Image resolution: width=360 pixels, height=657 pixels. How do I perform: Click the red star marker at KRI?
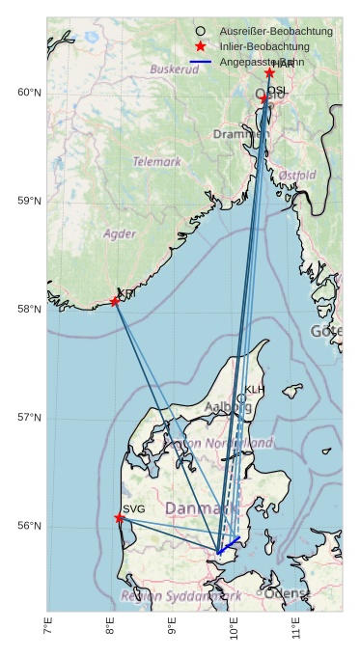click(x=115, y=302)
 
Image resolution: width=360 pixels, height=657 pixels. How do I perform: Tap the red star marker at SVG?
click(x=120, y=518)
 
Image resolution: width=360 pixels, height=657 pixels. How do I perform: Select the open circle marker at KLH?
click(x=241, y=398)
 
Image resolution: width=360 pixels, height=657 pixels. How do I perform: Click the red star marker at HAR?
click(x=269, y=73)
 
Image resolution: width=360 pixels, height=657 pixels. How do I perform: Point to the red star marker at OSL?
click(x=263, y=98)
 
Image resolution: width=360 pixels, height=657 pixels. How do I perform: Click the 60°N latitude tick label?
click(x=29, y=93)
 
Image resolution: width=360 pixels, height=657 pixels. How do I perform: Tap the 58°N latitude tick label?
click(x=29, y=310)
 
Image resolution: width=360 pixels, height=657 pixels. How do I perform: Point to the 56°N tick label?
click(x=29, y=527)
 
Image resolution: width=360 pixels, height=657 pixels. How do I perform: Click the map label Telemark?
click(x=156, y=162)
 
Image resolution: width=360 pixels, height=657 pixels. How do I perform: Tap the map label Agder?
click(x=120, y=233)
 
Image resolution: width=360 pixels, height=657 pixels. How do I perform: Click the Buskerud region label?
click(x=174, y=69)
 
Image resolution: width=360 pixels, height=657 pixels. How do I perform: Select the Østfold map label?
click(x=296, y=175)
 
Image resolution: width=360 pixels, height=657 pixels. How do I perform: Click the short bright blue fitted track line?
click(x=229, y=544)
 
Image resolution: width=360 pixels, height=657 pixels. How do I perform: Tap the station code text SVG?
click(x=134, y=508)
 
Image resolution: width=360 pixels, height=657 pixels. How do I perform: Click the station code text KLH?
click(x=254, y=390)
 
